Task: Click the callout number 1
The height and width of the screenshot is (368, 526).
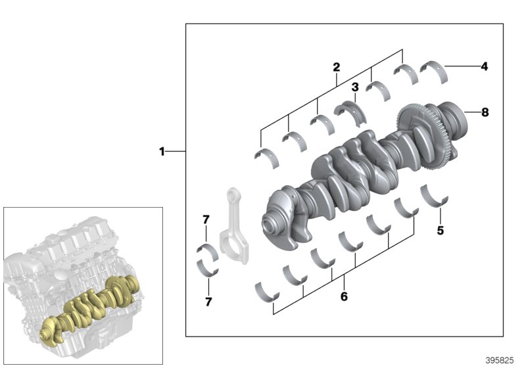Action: coord(162,152)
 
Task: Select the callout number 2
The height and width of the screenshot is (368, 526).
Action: coord(336,66)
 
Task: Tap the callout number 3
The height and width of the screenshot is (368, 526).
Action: coord(354,87)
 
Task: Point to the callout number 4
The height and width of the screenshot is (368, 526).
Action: coord(485,66)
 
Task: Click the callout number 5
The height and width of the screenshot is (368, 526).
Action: coord(441,231)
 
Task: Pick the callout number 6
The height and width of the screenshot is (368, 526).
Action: coord(343,296)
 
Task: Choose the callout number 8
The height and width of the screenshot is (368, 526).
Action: coord(485,112)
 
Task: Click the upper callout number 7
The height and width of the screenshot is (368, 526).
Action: coord(206,218)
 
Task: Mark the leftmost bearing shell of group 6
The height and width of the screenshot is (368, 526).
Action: coord(266,290)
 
